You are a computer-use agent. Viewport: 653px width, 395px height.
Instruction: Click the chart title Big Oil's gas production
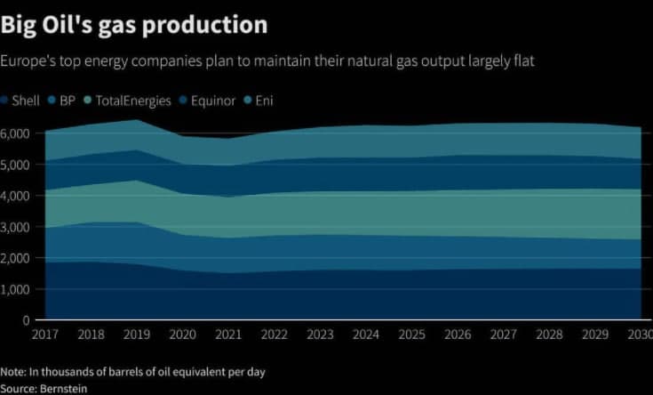coord(133,24)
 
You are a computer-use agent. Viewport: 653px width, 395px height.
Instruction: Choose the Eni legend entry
coord(264,101)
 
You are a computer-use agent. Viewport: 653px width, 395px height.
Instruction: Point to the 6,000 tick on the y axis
coord(15,133)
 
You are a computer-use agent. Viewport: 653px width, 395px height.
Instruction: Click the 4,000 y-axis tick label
coord(15,196)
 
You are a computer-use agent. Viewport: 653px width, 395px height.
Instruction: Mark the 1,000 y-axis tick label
coord(15,289)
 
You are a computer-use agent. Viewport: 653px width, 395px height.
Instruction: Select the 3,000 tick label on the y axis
coord(15,227)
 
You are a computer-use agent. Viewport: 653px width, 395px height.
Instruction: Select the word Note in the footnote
coord(12,371)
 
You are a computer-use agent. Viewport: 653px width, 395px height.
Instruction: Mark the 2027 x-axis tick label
coord(502,334)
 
